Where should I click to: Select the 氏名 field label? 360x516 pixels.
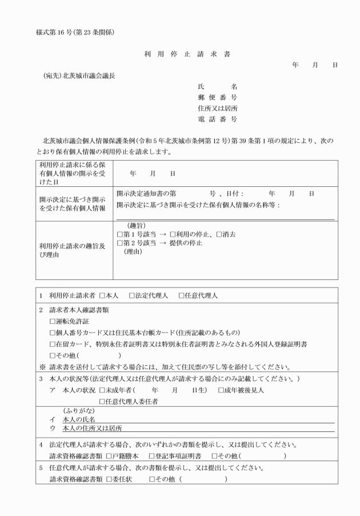(217, 86)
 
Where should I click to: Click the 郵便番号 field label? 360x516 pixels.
(217, 97)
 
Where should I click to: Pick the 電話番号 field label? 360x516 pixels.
(217, 119)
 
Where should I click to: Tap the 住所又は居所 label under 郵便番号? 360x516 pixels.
(217, 108)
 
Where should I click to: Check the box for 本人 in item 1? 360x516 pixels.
(102, 296)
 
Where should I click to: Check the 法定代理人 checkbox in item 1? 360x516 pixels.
(132, 296)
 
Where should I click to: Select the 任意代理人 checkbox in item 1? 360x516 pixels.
(182, 296)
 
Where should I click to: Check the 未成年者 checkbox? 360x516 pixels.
(102, 390)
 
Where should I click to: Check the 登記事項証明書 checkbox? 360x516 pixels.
(151, 455)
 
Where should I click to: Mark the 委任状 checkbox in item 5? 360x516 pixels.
(108, 479)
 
